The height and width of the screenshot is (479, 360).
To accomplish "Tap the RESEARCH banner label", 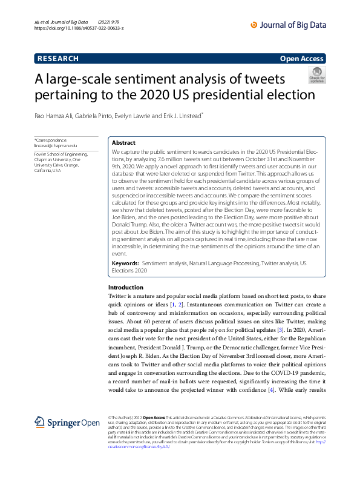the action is point(58,59).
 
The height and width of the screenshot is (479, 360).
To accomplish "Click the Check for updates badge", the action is point(316,75).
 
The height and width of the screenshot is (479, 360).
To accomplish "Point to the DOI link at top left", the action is point(79,28).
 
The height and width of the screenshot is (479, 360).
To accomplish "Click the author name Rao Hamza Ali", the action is point(58,115).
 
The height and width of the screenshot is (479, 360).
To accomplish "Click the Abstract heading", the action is point(124,142).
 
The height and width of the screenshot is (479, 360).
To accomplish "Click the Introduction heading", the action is point(126,287).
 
